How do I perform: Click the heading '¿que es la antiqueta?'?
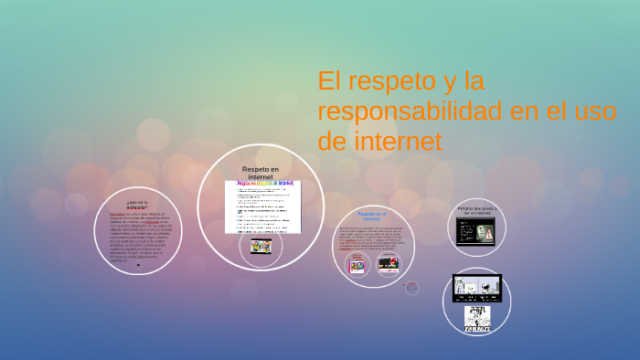(x=137, y=204)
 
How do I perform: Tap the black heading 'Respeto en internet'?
(x=261, y=173)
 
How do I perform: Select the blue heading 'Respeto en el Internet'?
(x=371, y=217)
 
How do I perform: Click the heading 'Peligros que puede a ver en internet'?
(x=476, y=211)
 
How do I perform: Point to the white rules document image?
(x=263, y=206)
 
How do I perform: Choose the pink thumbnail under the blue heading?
(x=357, y=266)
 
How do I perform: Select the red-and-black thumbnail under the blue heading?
(x=388, y=266)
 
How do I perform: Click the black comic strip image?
(x=477, y=288)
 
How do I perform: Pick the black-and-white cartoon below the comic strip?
(x=476, y=318)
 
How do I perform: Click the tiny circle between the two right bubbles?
(x=412, y=289)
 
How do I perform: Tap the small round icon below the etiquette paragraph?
(x=137, y=264)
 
